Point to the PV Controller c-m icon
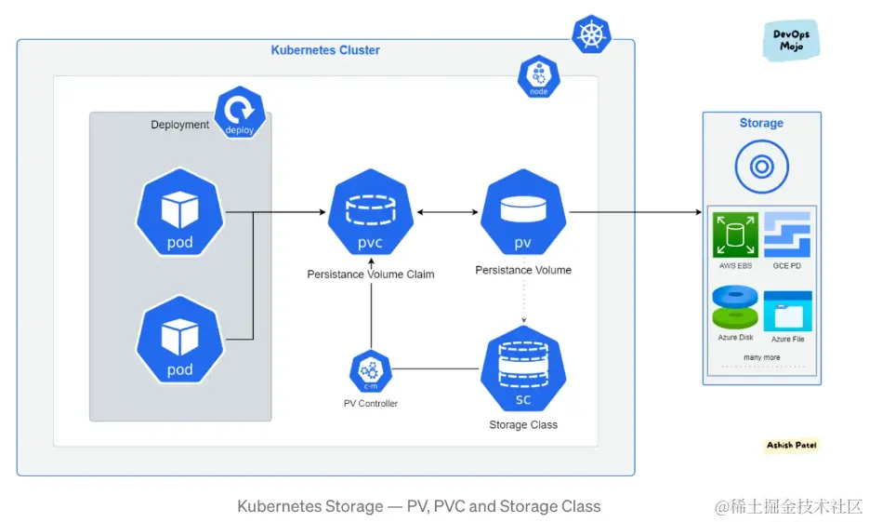[370, 372]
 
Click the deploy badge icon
[240, 114]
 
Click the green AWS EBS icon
[735, 234]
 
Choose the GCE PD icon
[787, 234]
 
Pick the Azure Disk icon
[735, 308]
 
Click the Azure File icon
[787, 311]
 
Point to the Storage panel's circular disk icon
[761, 167]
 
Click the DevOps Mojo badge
[791, 41]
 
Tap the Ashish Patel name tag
[792, 446]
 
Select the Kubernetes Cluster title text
[325, 50]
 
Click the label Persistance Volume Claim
[371, 274]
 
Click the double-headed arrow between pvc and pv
[447, 213]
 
